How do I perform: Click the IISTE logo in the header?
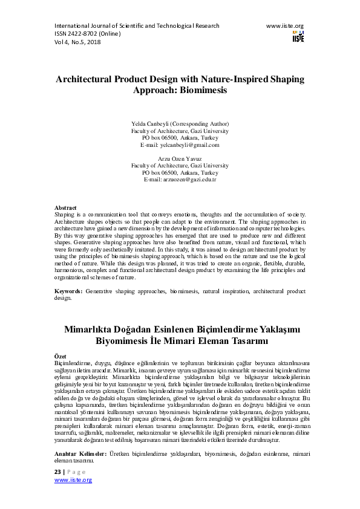click(x=298, y=36)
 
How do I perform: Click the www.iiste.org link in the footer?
click(x=73, y=479)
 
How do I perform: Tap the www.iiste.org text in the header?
click(x=284, y=26)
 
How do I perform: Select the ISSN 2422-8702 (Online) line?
click(x=88, y=34)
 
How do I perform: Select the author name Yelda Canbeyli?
click(x=156, y=123)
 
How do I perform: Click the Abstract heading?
click(x=66, y=207)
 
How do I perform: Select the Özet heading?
click(x=60, y=357)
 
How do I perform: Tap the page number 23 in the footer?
click(x=58, y=472)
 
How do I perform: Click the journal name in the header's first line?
click(x=137, y=26)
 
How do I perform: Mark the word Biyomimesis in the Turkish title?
click(x=131, y=340)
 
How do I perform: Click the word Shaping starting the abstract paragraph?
click(x=64, y=214)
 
